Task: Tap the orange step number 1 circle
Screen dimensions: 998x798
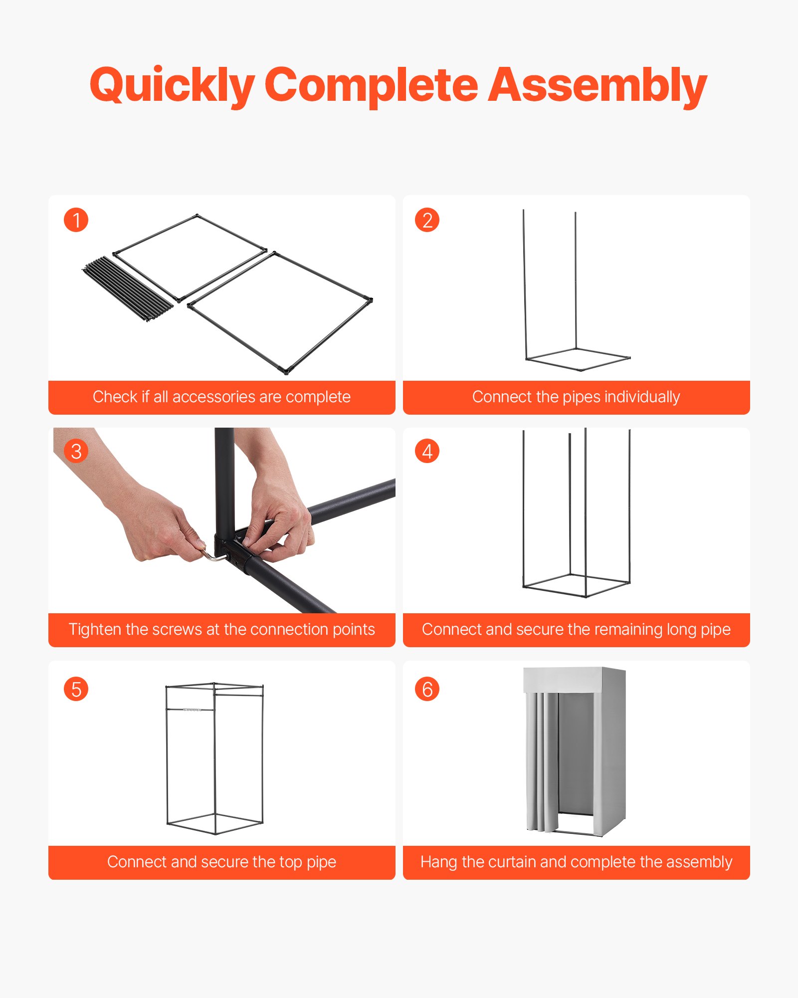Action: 76,220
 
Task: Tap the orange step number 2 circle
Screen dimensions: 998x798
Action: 427,220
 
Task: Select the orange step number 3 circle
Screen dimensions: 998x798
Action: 76,451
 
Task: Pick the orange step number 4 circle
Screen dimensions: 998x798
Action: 427,451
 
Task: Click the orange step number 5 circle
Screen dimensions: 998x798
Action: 76,689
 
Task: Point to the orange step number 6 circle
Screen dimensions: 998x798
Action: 427,689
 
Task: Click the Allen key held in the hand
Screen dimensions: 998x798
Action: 212,555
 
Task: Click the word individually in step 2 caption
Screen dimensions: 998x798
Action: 642,397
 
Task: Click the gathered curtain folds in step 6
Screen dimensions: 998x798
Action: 542,763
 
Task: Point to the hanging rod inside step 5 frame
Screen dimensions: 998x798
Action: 191,709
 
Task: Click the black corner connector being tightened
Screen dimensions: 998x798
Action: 234,549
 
